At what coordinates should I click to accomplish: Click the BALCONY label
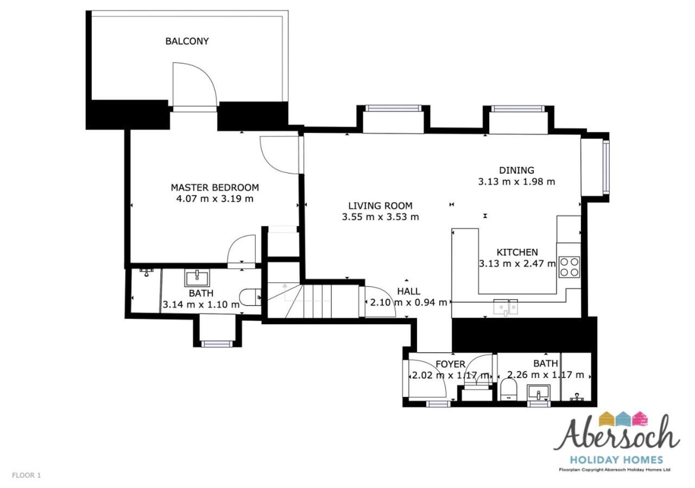coord(187,41)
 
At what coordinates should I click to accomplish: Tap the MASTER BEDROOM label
coord(214,188)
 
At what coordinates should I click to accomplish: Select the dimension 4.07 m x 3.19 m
coord(214,198)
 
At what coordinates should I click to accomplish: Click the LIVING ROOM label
coord(380,206)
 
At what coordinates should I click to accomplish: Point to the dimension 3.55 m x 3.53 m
coord(381,217)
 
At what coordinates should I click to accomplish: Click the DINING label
coord(516,170)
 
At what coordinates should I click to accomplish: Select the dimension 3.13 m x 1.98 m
coord(516,182)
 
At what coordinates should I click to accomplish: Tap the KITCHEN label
coord(517,252)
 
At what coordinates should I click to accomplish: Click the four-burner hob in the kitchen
coord(570,267)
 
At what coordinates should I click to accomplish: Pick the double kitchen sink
coord(506,307)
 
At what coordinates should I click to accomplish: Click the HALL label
coord(409,291)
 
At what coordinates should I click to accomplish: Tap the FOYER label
coord(451,364)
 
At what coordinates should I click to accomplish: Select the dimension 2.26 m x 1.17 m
coord(546,375)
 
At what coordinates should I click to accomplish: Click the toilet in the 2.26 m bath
coord(509,390)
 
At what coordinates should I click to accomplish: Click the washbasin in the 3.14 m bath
coord(197,278)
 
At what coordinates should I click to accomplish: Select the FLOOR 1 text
coord(27,476)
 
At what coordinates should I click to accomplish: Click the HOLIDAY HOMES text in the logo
coord(617,460)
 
